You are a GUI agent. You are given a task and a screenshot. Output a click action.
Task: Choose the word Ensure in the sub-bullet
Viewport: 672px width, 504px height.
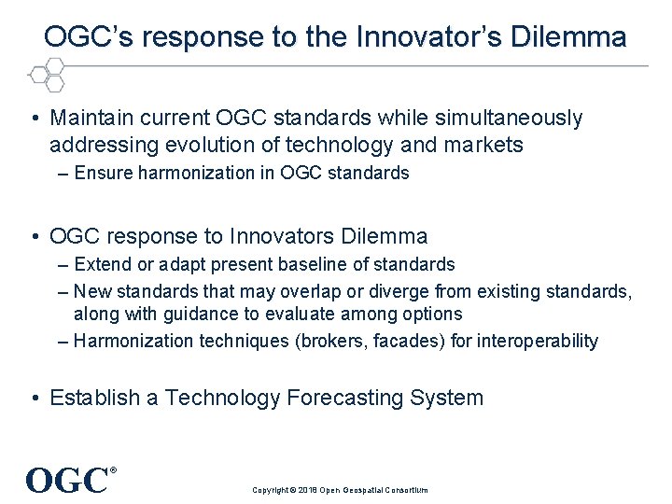104,173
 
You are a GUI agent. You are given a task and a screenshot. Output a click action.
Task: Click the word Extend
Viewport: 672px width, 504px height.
104,264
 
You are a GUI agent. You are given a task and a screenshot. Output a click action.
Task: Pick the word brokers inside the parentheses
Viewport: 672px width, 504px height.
330,341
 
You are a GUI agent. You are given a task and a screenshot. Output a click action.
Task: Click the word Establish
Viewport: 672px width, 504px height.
92,398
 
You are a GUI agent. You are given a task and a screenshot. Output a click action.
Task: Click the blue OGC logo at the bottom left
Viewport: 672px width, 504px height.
68,481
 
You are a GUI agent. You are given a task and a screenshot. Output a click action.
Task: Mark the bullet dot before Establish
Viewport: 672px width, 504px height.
34,399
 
